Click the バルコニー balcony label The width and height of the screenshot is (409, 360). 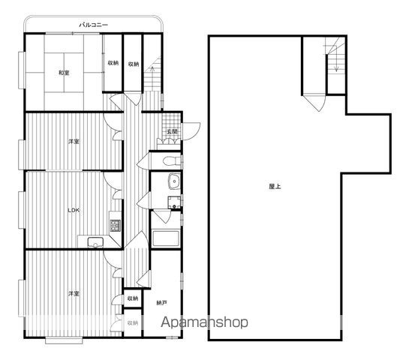pyautogui.click(x=93, y=25)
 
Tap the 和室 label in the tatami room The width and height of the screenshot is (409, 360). pyautogui.click(x=64, y=73)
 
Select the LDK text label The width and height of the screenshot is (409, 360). pyautogui.click(x=74, y=210)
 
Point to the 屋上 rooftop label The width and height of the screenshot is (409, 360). pyautogui.click(x=275, y=187)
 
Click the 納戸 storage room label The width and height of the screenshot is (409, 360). pyautogui.click(x=161, y=303)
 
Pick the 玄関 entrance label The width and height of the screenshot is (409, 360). pyautogui.click(x=172, y=132)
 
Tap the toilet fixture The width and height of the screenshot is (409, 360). pyautogui.click(x=172, y=160)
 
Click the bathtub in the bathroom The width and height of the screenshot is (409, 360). pyautogui.click(x=165, y=238)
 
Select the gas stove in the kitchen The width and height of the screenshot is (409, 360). pyautogui.click(x=115, y=226)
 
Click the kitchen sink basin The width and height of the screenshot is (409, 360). pyautogui.click(x=95, y=242)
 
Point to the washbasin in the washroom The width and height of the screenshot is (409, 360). pyautogui.click(x=174, y=181)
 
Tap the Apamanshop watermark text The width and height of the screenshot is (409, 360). pyautogui.click(x=204, y=322)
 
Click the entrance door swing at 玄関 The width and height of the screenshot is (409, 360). pyautogui.click(x=191, y=131)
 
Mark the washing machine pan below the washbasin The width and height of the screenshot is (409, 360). pyautogui.click(x=174, y=202)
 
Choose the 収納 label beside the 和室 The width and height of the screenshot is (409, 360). pyautogui.click(x=113, y=63)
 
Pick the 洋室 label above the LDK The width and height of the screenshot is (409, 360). pyautogui.click(x=74, y=142)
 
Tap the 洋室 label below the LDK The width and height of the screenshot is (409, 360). pyautogui.click(x=74, y=293)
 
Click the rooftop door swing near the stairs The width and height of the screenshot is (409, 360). pyautogui.click(x=316, y=103)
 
